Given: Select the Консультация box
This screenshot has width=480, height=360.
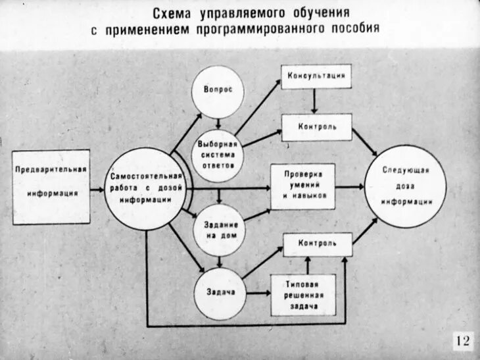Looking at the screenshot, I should [x=316, y=76].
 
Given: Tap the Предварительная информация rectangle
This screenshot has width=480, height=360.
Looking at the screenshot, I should [x=51, y=187].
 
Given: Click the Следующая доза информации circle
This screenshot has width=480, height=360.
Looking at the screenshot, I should [x=406, y=186].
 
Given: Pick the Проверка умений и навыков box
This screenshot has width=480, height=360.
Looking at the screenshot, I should [x=303, y=187].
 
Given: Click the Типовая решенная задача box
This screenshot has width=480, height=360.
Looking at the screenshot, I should [x=303, y=294].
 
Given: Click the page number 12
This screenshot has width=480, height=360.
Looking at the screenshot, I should [x=462, y=341].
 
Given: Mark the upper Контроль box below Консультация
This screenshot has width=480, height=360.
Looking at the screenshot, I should [x=316, y=126].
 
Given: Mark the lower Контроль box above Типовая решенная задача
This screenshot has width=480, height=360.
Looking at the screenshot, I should [x=316, y=243].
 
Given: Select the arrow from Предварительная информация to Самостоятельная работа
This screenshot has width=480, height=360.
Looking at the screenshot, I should [x=97, y=187].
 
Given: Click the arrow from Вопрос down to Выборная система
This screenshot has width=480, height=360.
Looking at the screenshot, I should [x=217, y=122].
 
